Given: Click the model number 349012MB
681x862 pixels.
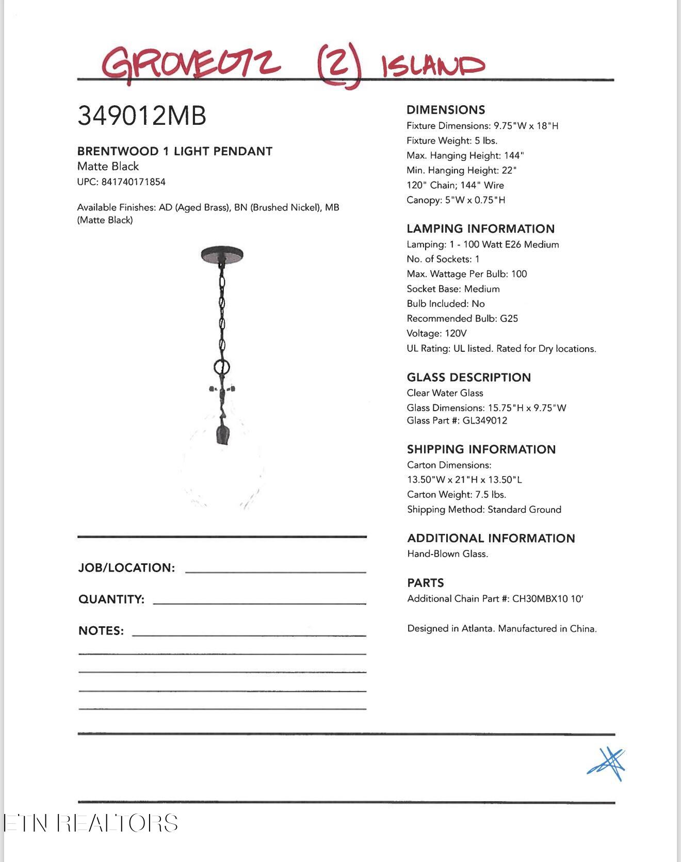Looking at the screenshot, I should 141,116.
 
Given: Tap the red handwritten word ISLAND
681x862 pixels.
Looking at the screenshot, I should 433,66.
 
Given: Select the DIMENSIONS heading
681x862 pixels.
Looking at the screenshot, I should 446,110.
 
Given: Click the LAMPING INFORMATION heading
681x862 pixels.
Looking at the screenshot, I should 480,229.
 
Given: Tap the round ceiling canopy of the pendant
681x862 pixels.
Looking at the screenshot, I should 222,254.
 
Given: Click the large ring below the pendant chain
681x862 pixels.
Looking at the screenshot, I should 222,368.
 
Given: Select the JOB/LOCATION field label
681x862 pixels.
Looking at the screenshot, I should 126,568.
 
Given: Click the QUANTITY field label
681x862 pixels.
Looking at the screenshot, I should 111,599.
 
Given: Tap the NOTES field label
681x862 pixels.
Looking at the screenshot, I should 101,631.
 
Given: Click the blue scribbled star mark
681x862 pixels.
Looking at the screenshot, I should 607,764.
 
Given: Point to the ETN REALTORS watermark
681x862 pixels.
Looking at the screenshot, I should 91,823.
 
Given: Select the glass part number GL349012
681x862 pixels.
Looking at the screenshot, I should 485,420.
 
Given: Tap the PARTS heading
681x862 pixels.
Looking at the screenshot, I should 425,583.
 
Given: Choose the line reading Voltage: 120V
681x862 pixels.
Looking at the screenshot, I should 436,334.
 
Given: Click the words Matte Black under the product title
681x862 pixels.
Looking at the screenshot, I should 108,167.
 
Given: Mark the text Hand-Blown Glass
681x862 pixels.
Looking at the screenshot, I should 447,554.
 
